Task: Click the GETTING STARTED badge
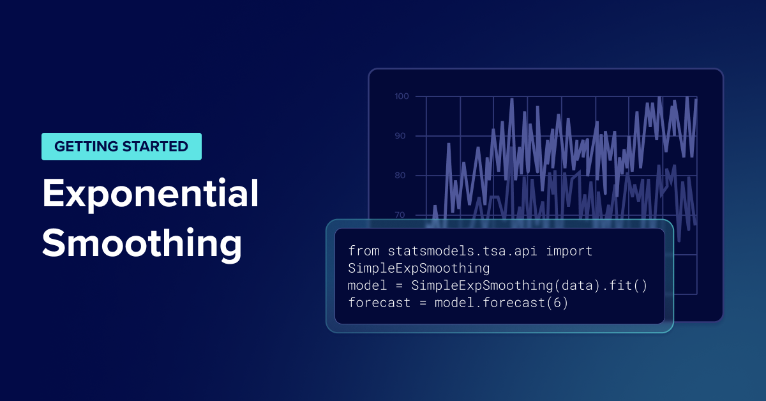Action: click(121, 146)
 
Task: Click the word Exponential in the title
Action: click(151, 195)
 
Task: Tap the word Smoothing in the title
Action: click(142, 244)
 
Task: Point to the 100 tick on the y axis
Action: click(402, 96)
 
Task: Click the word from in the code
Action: click(364, 251)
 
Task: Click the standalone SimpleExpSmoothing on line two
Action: click(419, 268)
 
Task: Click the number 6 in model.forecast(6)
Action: click(557, 303)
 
